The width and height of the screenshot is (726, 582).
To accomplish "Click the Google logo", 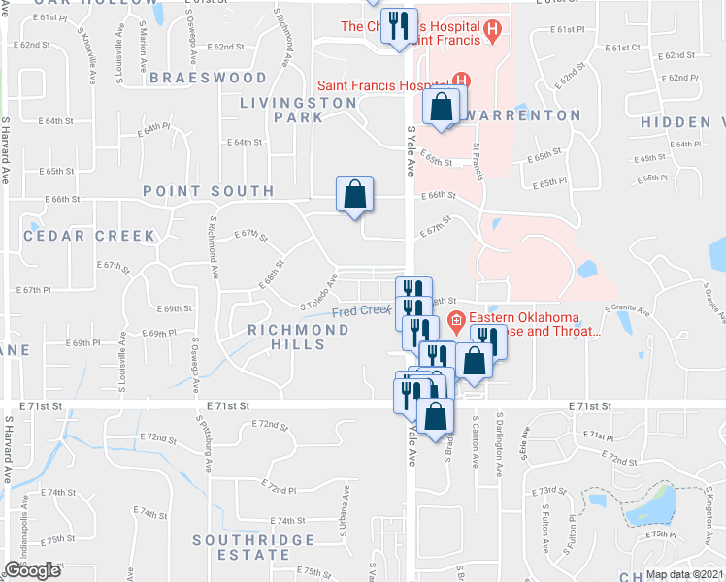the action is (x=32, y=570).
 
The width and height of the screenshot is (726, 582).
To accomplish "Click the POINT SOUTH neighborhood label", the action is (x=209, y=191).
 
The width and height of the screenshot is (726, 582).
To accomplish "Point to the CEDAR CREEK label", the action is (x=89, y=236).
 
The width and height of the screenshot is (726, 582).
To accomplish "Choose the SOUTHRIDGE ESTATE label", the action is (x=253, y=547).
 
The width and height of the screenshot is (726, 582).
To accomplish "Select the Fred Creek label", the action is (x=361, y=311).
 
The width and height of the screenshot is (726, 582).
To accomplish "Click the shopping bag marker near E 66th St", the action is (x=355, y=194).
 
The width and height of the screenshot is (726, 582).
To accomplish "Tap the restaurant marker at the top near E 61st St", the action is (x=398, y=26).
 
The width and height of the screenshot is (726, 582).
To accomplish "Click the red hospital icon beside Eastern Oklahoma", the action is (x=457, y=319).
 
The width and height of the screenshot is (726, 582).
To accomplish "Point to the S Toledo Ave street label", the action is (x=318, y=292).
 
